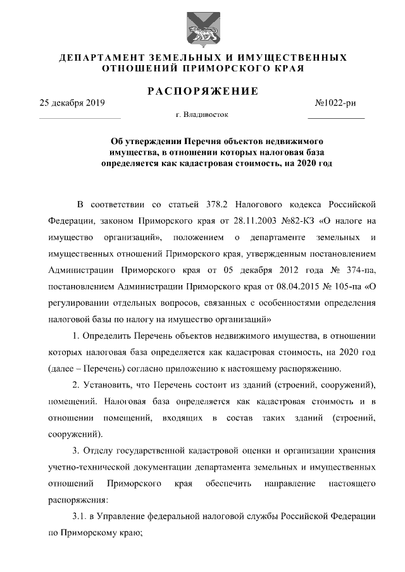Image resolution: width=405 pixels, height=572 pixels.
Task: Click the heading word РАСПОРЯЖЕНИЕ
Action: tap(202, 91)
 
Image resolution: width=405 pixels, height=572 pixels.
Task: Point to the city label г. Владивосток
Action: tap(202, 115)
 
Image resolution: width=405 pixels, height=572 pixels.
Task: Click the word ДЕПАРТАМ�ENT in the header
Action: tap(98, 58)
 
